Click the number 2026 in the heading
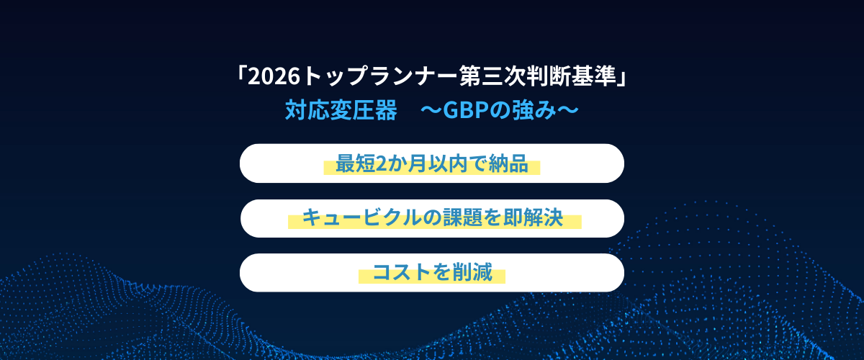point(274,76)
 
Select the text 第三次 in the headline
point(493,76)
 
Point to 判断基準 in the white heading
point(572,76)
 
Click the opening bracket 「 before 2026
point(241,74)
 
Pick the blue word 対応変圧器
point(341,110)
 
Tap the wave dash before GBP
point(431,110)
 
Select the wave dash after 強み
point(568,110)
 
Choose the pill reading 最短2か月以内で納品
point(431,163)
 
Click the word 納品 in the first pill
point(508,163)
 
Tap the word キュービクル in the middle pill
point(361,217)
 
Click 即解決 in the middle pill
point(533,217)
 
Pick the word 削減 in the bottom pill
point(472,272)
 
